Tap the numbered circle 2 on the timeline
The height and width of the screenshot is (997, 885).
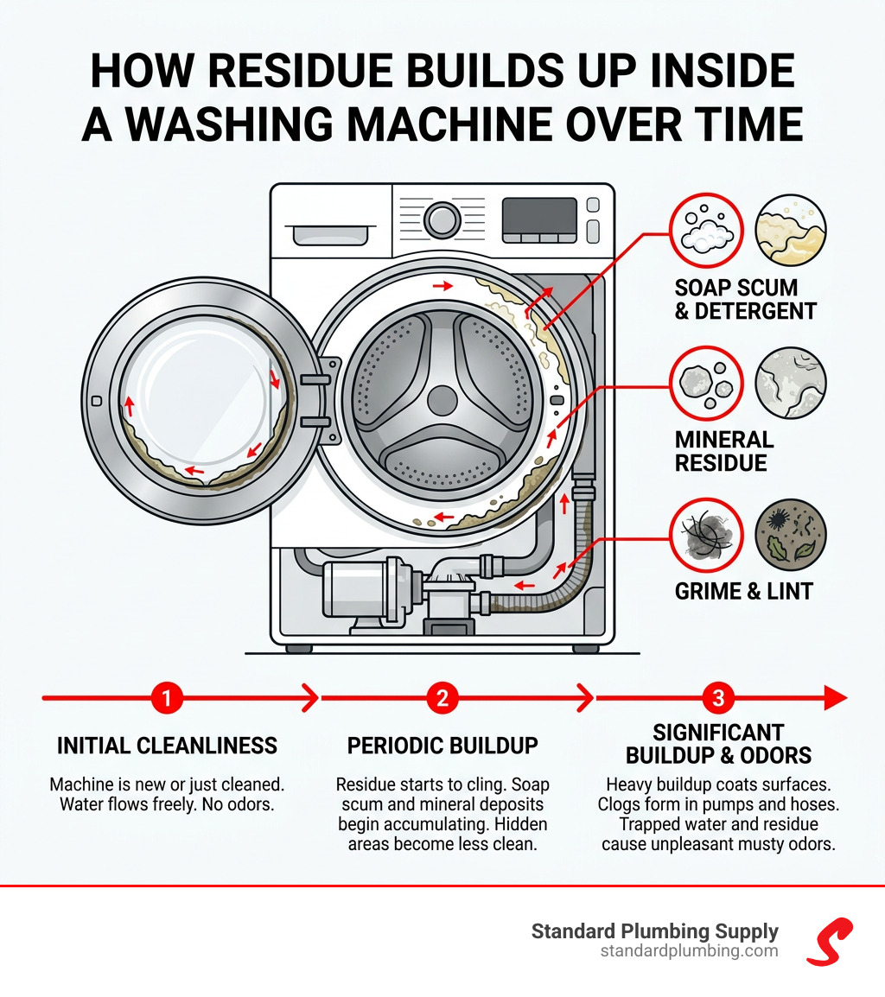point(442,697)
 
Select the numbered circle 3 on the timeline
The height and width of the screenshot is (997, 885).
point(718,697)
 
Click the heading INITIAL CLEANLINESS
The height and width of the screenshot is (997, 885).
point(167,746)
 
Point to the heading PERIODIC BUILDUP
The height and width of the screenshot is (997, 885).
point(442,746)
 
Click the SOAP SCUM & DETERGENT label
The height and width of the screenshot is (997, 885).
point(745,299)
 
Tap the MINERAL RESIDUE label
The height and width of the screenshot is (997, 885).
point(723,451)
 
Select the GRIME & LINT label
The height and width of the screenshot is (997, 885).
point(743,592)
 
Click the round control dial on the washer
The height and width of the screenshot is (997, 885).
point(442,219)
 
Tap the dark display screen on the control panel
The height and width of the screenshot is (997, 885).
point(538,220)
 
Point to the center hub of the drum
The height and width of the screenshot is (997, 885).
point(442,400)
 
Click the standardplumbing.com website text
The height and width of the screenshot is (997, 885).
point(689,951)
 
